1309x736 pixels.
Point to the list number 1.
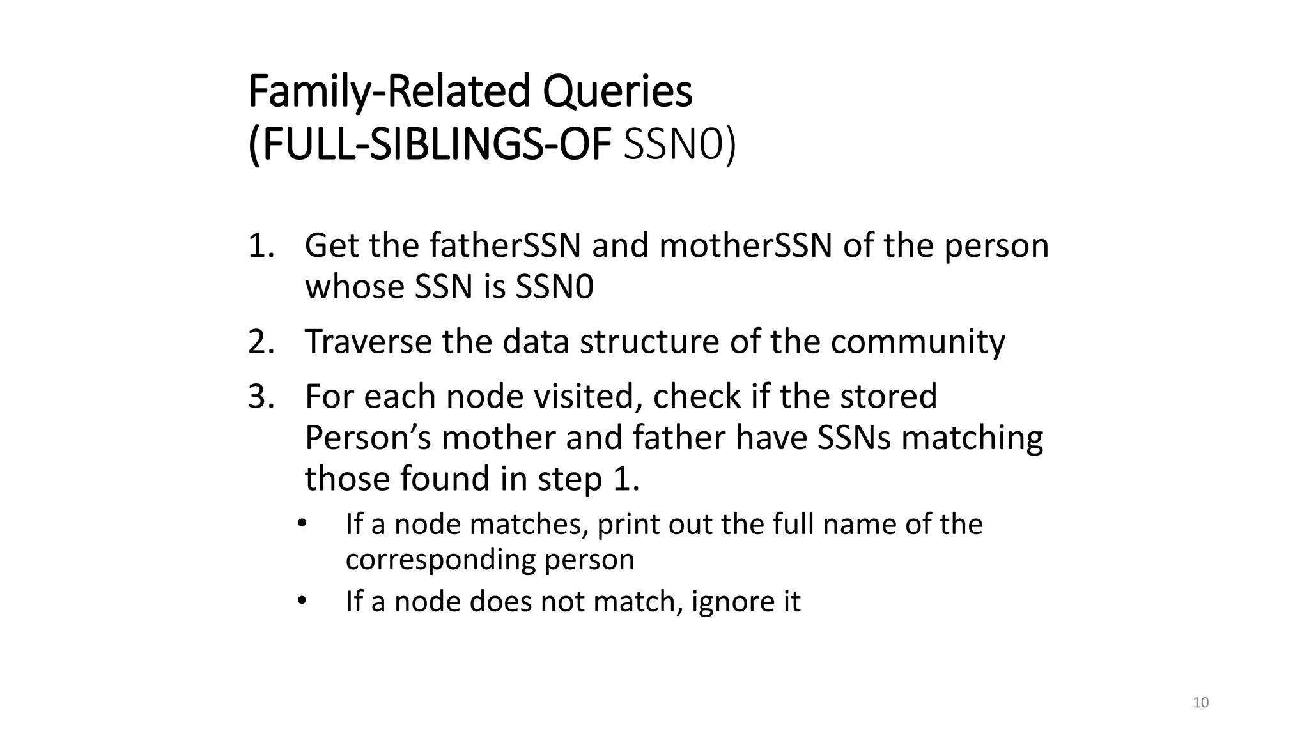pos(261,246)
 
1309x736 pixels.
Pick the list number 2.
pos(261,342)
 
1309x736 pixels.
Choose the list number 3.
pos(261,397)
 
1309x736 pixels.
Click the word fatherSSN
pos(505,246)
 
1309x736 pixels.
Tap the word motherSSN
pos(745,246)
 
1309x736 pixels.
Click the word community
pos(918,342)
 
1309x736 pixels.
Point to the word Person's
pos(368,438)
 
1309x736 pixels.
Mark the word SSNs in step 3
pos(854,438)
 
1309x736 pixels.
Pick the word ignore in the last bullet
pos(727,602)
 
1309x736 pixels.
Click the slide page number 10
pos(1201,703)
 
